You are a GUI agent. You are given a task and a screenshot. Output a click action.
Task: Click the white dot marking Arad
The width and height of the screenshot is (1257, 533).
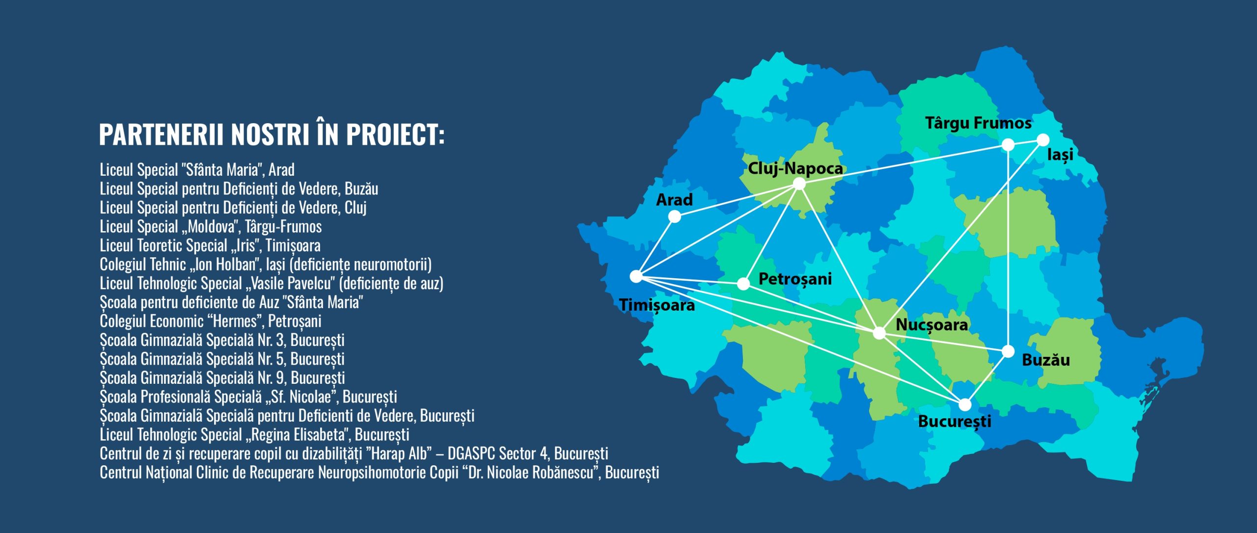pyautogui.click(x=675, y=216)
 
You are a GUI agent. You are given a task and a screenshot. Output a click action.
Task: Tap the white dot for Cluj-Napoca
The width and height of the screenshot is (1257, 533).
pyautogui.click(x=799, y=184)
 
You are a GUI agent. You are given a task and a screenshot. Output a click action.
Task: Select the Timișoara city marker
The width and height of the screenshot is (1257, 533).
pyautogui.click(x=636, y=276)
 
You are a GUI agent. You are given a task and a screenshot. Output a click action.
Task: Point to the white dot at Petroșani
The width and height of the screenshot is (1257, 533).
pyautogui.click(x=743, y=284)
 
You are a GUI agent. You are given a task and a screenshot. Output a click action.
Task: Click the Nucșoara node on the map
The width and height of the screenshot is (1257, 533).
pyautogui.click(x=879, y=334)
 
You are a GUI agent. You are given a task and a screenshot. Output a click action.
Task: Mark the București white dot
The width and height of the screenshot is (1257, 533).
pyautogui.click(x=965, y=405)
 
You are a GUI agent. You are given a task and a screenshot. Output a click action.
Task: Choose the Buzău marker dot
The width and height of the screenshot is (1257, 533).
pyautogui.click(x=1008, y=351)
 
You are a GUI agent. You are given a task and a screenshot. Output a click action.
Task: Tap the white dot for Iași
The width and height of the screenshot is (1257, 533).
pyautogui.click(x=1043, y=140)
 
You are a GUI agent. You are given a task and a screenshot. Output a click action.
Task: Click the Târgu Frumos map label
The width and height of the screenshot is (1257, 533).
pyautogui.click(x=979, y=123)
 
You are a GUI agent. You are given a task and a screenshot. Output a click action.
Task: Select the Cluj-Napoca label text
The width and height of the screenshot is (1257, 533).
pyautogui.click(x=795, y=169)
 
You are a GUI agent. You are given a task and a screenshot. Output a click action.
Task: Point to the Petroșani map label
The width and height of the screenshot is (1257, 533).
pyautogui.click(x=795, y=279)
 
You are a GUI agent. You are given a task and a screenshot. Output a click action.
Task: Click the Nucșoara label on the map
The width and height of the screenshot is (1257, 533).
pyautogui.click(x=932, y=325)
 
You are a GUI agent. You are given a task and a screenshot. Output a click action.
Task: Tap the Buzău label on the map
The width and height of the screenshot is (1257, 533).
pyautogui.click(x=1046, y=360)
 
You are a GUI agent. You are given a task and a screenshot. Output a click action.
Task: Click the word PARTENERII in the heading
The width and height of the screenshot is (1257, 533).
pyautogui.click(x=162, y=134)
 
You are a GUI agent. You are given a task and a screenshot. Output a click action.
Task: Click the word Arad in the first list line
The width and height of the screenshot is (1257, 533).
pyautogui.click(x=281, y=170)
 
